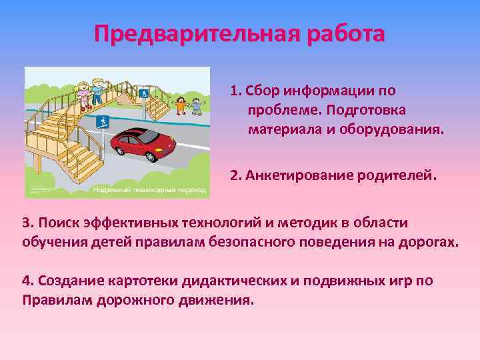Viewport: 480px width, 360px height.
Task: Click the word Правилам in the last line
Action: (x=53, y=299)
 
